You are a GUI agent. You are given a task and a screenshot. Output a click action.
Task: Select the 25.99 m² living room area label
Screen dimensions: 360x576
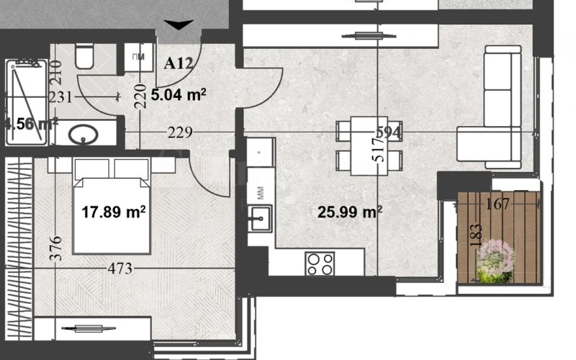click(350, 212)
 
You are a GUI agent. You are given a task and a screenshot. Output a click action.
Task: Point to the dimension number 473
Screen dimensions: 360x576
click(120, 269)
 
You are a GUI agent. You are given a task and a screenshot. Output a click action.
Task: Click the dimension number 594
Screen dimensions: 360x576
click(389, 132)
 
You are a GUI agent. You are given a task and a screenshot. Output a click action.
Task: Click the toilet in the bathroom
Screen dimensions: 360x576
click(84, 56)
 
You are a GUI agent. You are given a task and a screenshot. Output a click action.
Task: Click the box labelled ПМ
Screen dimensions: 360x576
click(138, 57)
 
